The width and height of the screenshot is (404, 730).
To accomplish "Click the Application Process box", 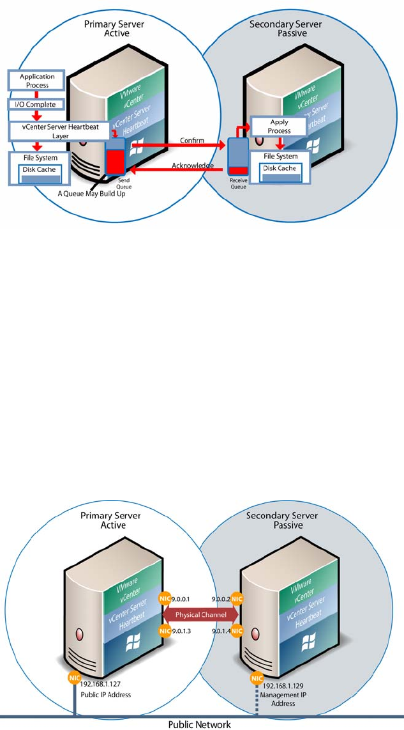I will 37,81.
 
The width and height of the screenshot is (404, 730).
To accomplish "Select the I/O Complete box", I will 36,104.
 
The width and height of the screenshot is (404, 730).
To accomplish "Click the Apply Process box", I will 279,126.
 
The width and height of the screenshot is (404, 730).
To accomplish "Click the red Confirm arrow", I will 179,146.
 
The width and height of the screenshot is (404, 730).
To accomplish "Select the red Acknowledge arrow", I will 179,171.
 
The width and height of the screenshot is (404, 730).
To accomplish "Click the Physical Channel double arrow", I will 201,614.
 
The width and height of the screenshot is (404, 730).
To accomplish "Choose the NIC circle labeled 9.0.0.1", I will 163,599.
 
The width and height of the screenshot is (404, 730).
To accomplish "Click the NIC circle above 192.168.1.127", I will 75,677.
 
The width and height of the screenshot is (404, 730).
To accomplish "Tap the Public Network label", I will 198,724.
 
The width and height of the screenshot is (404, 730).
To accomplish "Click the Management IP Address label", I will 278,699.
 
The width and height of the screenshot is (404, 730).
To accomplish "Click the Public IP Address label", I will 105,694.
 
